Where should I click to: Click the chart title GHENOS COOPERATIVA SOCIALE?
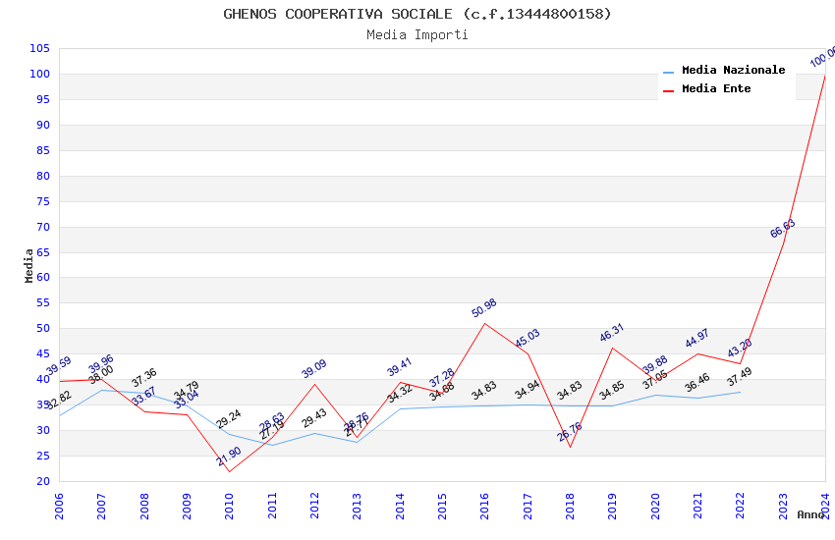[x=417, y=14]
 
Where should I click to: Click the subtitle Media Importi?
[x=417, y=35]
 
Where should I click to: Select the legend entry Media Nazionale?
[x=733, y=71]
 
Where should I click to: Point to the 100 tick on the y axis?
[x=40, y=74]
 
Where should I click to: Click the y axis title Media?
[x=29, y=265]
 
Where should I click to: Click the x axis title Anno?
[x=810, y=514]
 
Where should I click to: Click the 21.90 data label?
[x=229, y=456]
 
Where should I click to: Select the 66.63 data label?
[x=783, y=229]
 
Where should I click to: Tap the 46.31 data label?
[x=612, y=332]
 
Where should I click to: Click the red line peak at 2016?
[x=485, y=323]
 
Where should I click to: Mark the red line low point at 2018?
[x=570, y=447]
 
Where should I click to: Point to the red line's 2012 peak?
[x=314, y=384]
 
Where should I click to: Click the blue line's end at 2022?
[x=741, y=392]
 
